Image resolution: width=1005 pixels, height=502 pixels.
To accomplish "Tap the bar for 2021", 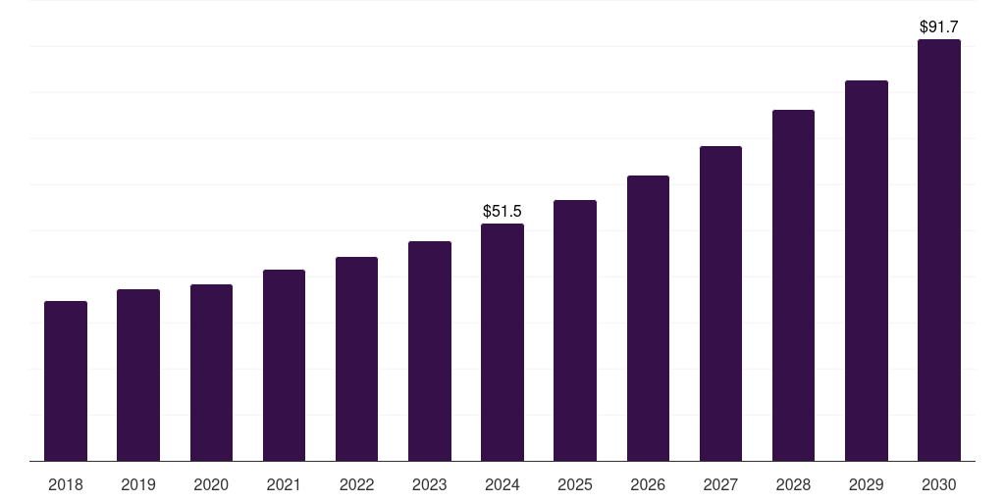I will (284, 365).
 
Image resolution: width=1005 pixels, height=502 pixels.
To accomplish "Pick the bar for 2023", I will (430, 351).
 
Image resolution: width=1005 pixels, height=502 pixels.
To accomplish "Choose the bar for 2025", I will (575, 330).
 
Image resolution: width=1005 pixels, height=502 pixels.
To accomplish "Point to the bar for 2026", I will (648, 318).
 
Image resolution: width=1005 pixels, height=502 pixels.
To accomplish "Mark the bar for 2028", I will (793, 285).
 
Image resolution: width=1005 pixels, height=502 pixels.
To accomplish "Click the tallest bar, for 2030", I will (939, 250).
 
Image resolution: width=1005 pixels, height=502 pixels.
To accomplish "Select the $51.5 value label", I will (502, 211).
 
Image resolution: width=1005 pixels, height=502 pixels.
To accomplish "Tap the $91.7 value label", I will (939, 26).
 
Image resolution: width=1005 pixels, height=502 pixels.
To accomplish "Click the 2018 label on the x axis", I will (66, 484).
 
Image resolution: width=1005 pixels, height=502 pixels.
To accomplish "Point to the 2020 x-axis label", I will (211, 484).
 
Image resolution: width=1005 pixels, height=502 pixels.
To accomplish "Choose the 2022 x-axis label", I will (356, 484).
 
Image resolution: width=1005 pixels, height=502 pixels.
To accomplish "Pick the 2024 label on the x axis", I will (502, 484).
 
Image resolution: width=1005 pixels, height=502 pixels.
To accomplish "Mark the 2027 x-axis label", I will (720, 484).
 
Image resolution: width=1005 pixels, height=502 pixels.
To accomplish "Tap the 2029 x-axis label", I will (866, 484).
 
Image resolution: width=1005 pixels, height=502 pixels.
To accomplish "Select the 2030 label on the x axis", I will (939, 484).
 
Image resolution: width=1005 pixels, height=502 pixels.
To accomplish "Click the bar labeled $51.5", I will (502, 342).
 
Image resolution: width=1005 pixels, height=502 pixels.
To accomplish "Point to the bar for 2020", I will (211, 373).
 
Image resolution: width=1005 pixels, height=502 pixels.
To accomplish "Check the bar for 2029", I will (866, 271).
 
